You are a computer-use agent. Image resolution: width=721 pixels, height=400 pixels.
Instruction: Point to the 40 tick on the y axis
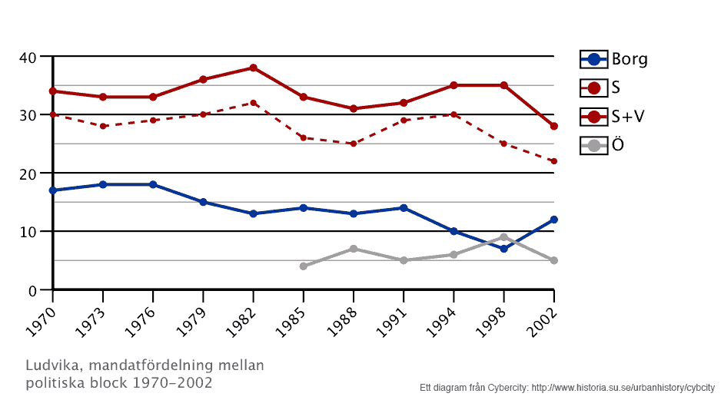(x=28, y=57)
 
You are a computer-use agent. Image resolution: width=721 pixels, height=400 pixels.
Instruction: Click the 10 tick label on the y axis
(x=28, y=232)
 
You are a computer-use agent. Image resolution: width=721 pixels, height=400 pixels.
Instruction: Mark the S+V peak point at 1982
(x=253, y=68)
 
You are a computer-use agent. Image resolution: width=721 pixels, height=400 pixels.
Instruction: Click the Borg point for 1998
(x=503, y=249)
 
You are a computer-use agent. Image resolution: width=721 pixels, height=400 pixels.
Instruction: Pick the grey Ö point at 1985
(x=304, y=266)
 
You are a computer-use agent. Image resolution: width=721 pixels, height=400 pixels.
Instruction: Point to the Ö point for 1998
(x=503, y=237)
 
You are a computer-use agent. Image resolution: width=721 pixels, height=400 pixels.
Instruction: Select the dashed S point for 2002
(x=553, y=161)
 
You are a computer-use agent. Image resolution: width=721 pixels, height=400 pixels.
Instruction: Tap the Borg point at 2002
(x=553, y=220)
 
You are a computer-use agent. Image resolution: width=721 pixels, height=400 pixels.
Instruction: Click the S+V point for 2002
(x=553, y=126)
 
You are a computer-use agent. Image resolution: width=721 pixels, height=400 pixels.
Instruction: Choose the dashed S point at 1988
(x=353, y=144)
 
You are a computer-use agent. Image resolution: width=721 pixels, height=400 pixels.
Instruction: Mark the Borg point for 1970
(x=53, y=190)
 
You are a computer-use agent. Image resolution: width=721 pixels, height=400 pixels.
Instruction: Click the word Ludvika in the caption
(x=48, y=365)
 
